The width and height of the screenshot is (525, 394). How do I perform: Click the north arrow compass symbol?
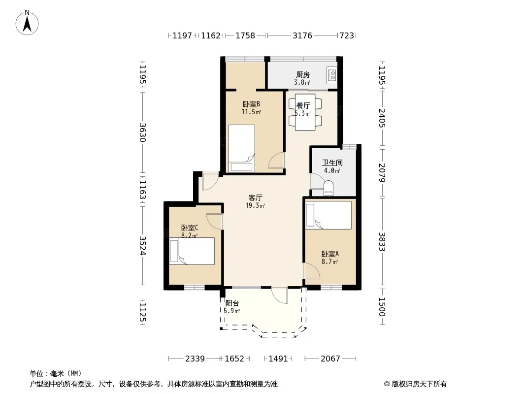click(x=27, y=22)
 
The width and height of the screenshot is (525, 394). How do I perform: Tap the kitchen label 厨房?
click(x=302, y=75)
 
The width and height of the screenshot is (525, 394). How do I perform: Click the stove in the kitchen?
click(x=332, y=75)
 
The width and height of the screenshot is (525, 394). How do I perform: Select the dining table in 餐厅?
click(x=305, y=112)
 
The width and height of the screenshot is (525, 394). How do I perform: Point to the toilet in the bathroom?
click(x=328, y=189)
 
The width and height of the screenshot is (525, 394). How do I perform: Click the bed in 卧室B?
click(x=241, y=148)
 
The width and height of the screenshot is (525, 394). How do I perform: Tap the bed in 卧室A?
click(x=328, y=215)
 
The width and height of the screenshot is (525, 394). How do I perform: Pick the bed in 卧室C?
click(x=192, y=251)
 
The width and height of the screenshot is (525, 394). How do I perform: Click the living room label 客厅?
click(x=255, y=197)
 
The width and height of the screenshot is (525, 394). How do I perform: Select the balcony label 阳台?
click(x=232, y=303)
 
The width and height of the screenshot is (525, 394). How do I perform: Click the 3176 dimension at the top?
click(x=302, y=35)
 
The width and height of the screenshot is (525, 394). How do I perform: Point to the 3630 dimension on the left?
click(x=143, y=132)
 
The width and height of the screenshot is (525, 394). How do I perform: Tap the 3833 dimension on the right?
click(x=382, y=242)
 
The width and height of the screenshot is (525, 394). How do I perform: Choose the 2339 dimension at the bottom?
click(x=195, y=359)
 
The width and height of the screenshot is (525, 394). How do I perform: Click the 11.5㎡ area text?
click(x=251, y=112)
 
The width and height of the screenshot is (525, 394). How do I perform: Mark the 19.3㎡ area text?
click(x=255, y=205)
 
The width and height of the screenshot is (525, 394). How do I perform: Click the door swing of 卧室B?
click(x=277, y=160)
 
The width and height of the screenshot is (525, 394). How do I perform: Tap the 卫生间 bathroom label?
click(x=332, y=163)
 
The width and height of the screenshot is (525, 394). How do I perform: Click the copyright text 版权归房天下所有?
click(x=419, y=384)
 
